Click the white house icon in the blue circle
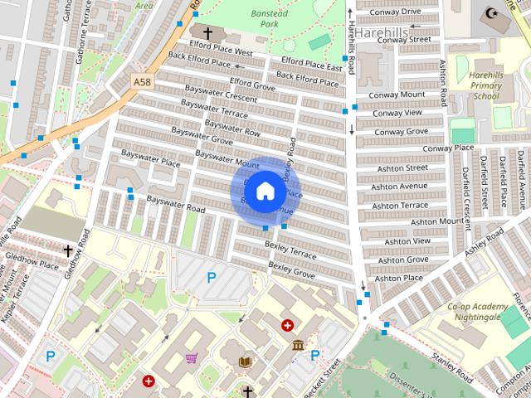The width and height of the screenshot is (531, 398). coord(264,190)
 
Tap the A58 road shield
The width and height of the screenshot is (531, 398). coord(143,81)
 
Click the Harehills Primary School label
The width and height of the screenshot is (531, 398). coord(485,85)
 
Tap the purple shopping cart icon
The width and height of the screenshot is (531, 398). coord(192,359)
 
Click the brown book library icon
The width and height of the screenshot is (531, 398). coord(245,362)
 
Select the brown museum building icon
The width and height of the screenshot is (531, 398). coord(298,344)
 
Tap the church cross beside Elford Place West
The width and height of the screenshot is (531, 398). coord(207,34)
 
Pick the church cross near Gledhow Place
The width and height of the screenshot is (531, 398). coord(68,250)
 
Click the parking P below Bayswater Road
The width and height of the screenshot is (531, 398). coord(211,278)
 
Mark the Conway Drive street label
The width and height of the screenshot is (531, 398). coord(397,12)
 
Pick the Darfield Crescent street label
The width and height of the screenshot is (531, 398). coord(470,186)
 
